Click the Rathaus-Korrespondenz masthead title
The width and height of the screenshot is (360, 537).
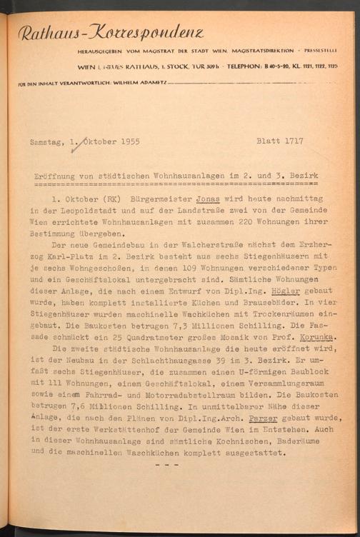pos(111,32)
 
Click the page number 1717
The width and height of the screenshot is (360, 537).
pos(293,141)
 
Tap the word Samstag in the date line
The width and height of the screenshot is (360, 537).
pos(46,141)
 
